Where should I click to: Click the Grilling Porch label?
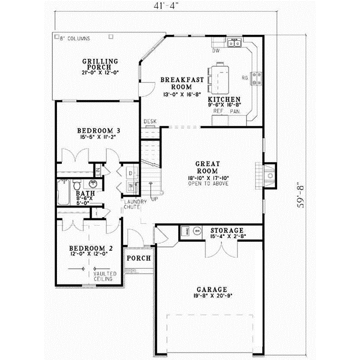point(100,65)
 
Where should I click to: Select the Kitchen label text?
point(224,99)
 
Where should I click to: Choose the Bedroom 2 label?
point(91,248)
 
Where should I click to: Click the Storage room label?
point(226,230)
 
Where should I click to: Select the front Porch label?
point(137,258)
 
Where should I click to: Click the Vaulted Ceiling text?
point(104,277)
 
